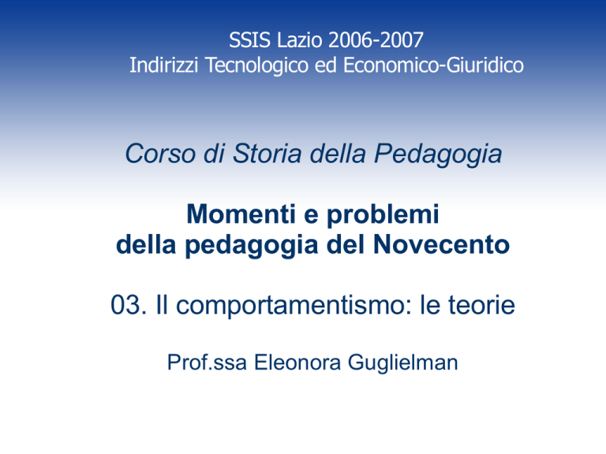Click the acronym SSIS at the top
(x=249, y=40)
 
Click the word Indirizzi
(x=164, y=65)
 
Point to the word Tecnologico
(x=256, y=65)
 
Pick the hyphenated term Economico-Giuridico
(x=434, y=65)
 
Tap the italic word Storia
(x=267, y=154)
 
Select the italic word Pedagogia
(x=438, y=155)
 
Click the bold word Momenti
(x=241, y=214)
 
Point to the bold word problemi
(x=383, y=215)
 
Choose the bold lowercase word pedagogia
(x=251, y=246)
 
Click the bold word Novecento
(x=442, y=245)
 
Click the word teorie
(x=481, y=305)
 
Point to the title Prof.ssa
(x=207, y=363)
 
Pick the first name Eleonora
(x=297, y=363)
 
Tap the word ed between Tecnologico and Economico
(x=326, y=65)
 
